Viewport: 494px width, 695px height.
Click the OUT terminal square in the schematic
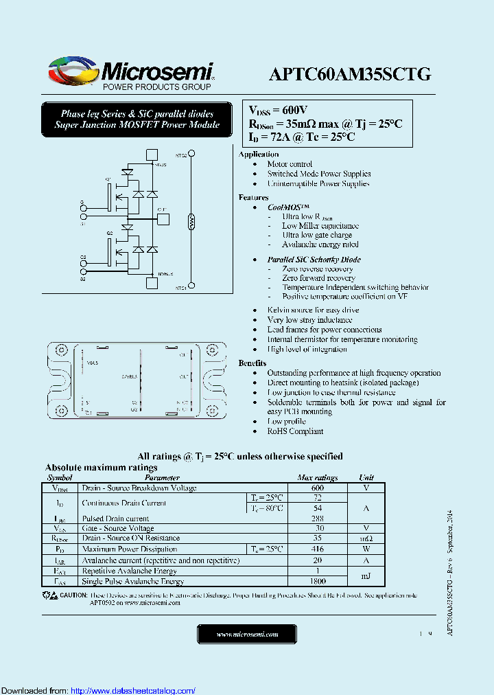point(163,219)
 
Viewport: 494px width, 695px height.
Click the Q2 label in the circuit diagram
point(109,233)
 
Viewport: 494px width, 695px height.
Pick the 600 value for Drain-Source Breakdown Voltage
point(317,488)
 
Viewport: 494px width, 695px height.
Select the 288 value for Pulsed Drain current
point(317,519)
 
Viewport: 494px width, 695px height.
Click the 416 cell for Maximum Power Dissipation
point(317,549)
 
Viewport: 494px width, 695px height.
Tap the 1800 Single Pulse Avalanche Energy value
point(317,581)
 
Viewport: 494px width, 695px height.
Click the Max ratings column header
point(317,478)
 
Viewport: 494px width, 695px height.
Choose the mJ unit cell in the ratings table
point(367,576)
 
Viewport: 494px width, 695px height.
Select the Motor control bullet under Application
point(290,164)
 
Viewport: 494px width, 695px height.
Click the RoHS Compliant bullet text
point(295,431)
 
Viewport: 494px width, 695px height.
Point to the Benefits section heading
point(252,363)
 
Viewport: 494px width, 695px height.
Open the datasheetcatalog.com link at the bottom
point(133,690)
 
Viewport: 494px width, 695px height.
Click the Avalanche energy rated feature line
point(320,244)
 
